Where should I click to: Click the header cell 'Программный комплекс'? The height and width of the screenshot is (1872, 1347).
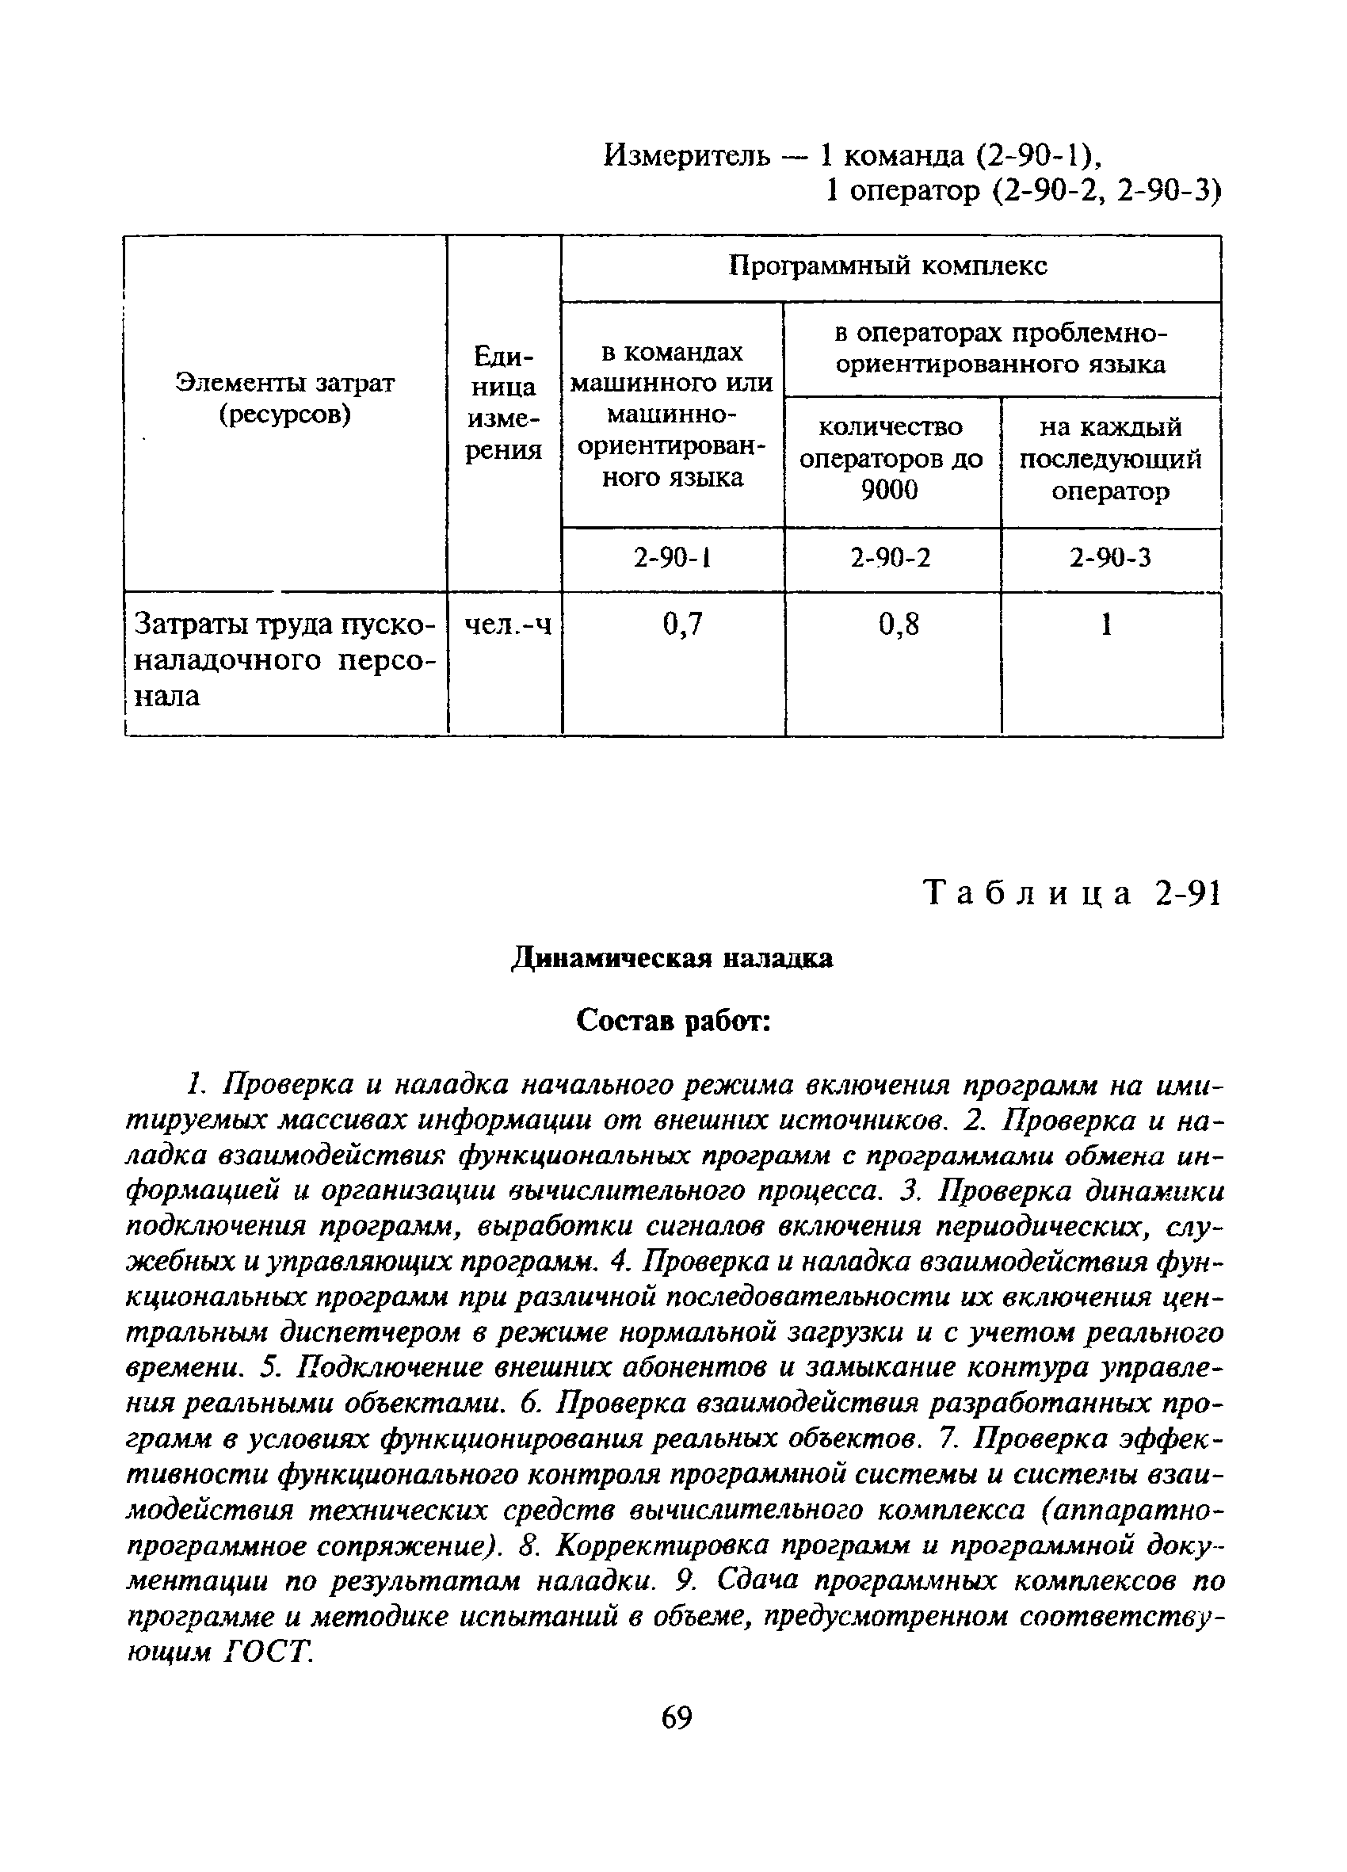[x=889, y=266]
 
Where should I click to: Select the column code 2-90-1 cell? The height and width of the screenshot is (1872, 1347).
[x=672, y=559]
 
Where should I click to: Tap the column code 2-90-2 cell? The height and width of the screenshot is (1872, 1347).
[x=891, y=559]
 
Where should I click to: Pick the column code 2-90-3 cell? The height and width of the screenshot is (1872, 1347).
[x=1110, y=559]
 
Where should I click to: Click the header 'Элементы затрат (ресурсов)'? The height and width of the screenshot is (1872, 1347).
[x=284, y=399]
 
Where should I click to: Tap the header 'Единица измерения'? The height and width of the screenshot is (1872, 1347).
[x=503, y=403]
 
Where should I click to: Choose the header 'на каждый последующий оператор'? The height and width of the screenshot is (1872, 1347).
[x=1110, y=459]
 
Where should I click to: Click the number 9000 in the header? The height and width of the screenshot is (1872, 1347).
[x=889, y=491]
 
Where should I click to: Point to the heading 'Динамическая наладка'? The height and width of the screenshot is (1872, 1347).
[x=673, y=958]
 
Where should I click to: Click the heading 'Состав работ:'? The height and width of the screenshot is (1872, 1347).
[x=673, y=1021]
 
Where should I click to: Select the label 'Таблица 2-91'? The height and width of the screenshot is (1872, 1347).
[x=1072, y=893]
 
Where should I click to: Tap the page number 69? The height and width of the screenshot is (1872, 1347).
[x=676, y=1717]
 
